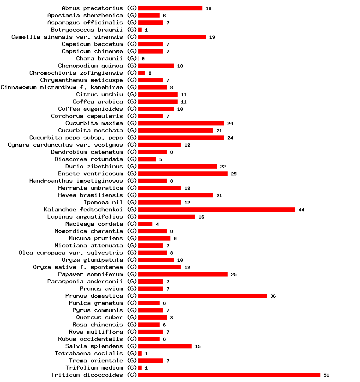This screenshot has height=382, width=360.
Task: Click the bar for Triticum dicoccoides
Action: pos(229,375)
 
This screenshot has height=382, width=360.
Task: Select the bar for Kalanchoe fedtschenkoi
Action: pos(216,209)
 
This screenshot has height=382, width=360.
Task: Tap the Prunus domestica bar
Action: pos(202,296)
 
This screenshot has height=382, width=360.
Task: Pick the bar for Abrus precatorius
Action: pos(170,8)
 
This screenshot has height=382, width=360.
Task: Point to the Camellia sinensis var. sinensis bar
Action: pos(172,37)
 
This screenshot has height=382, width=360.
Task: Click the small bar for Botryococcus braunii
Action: pos(140,30)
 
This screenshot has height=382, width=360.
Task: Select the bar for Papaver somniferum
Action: pos(182,274)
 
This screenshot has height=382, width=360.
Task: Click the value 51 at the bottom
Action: pos(326,375)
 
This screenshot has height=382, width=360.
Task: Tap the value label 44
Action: pos(301,210)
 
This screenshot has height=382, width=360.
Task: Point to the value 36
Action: pos(273,296)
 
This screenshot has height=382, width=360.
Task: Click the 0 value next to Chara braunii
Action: pos(143,59)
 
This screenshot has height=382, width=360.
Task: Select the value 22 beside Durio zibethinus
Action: pos(223,167)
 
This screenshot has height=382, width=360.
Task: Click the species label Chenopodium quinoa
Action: pos(90,66)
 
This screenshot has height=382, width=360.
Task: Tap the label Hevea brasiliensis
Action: pos(90,195)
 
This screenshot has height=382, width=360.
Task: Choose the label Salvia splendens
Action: pos(94,346)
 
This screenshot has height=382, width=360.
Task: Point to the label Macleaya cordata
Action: pos(94,224)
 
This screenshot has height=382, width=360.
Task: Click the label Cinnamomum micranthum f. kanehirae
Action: pos(62,87)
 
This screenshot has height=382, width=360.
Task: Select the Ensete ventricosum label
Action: pos(90,173)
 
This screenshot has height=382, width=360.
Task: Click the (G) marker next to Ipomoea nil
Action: pos(132,202)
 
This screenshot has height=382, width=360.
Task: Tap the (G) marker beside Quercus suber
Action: pos(132,317)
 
